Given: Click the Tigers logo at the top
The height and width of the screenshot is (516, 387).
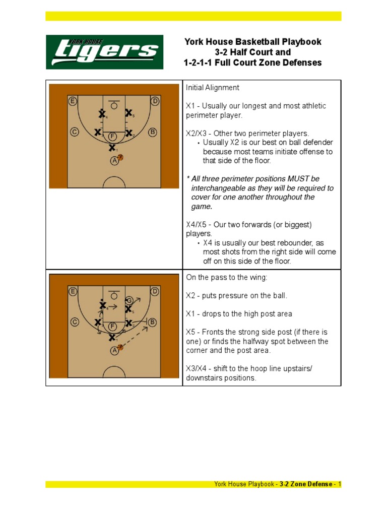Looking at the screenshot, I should tap(105, 52).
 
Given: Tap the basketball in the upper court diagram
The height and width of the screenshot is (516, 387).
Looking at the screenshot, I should tap(120, 158).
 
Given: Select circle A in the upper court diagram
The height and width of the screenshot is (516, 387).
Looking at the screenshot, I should tap(114, 160).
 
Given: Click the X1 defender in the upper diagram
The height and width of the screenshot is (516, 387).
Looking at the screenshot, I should tap(112, 148).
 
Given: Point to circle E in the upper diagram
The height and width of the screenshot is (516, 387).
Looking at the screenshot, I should tap(73, 101).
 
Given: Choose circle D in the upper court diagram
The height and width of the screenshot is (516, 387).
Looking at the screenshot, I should tap(155, 101).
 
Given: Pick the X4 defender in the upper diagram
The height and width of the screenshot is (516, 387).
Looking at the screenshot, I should tap(102, 114).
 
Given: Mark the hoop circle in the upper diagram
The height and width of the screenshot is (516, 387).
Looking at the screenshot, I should tap(114, 106).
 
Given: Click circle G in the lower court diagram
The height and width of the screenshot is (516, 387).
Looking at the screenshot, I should tap(130, 300).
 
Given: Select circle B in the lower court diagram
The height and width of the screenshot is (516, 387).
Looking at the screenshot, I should tap(153, 322).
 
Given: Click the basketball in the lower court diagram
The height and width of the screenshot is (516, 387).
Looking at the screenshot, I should tap(120, 347).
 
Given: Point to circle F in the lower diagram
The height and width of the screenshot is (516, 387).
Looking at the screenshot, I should tap(112, 326).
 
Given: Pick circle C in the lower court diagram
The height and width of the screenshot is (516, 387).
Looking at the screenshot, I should tap(75, 322).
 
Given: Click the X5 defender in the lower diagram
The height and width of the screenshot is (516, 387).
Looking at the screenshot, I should tap(128, 308).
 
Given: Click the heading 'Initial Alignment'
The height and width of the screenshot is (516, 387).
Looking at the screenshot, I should tap(213, 88).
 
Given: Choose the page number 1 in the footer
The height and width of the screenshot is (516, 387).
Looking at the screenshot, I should tap(340, 484).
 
